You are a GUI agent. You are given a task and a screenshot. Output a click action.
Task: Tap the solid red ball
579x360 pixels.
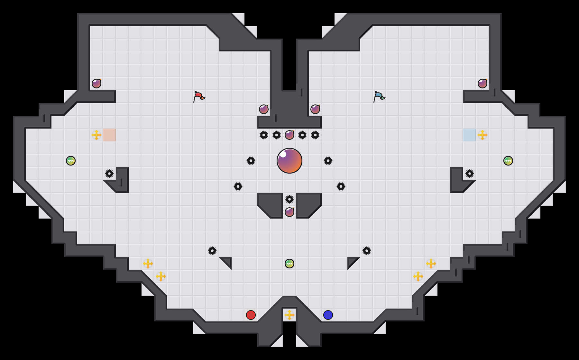[251, 315]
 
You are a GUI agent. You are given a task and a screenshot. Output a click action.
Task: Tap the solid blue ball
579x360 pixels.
[328, 315]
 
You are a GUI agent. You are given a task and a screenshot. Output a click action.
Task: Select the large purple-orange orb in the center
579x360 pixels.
[289, 161]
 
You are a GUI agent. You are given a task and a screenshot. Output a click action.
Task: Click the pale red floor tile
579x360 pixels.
[109, 135]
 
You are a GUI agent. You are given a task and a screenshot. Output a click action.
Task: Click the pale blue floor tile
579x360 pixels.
[470, 135]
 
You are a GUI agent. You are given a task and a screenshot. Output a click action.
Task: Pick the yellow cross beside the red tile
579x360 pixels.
[96, 135]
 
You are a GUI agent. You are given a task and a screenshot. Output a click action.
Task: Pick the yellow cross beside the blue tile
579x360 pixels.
[482, 135]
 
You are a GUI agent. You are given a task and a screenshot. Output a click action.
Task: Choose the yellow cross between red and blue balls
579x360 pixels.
[289, 315]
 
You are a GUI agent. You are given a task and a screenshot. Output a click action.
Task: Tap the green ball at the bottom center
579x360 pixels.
[289, 264]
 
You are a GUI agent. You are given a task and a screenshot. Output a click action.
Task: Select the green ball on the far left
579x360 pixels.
[71, 161]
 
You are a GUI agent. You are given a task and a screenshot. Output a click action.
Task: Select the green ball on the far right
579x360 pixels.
[508, 161]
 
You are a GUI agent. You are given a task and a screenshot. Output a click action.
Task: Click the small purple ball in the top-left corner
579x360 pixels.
[96, 84]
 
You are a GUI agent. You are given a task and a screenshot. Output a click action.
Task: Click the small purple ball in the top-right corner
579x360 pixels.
[482, 84]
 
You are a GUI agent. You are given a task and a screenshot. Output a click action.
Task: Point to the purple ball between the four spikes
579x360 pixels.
[289, 135]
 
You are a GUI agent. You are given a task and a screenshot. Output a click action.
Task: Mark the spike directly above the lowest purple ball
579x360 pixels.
[289, 199]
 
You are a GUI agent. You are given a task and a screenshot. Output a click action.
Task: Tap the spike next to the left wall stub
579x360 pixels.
[109, 174]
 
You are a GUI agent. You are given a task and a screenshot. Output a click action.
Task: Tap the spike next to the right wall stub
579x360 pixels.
[470, 174]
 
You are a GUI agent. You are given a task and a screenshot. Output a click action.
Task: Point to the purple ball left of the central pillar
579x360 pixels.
[264, 109]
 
